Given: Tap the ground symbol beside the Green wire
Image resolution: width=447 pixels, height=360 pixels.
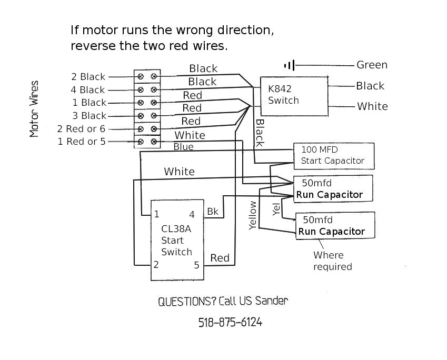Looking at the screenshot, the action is [290, 66].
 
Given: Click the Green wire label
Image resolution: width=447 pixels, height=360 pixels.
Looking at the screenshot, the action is [372, 65].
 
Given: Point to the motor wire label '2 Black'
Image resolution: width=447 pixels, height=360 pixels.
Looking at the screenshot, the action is [88, 77].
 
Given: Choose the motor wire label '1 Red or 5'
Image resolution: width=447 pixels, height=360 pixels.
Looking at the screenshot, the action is [82, 142].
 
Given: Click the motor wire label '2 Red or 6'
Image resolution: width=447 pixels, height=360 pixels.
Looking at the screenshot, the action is [81, 129].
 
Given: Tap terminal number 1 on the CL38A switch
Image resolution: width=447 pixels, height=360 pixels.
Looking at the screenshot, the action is [156, 214].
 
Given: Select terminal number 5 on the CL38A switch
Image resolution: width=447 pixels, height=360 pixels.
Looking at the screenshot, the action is [197, 265].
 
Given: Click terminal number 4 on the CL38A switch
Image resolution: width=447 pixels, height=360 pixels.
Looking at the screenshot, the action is [192, 215].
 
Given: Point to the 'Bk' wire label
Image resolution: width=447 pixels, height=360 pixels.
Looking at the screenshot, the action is [213, 212].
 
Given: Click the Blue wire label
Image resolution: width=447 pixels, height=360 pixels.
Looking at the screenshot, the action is [184, 147].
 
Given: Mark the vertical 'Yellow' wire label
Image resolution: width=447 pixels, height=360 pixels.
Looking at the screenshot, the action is [253, 215].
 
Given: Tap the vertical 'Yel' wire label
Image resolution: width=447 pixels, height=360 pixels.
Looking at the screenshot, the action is [276, 209].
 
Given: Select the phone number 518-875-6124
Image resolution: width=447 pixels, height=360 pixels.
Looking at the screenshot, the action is [230, 323].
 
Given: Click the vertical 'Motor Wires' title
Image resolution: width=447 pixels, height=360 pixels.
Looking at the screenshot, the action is [34, 109].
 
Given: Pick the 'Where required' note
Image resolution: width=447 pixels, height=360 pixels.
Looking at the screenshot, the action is [333, 261].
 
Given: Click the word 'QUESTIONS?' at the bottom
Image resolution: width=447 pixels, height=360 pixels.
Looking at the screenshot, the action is [187, 301].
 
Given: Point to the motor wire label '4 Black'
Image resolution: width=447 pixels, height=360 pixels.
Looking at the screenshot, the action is [88, 90].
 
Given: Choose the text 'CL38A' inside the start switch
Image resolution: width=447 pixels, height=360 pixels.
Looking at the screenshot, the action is [176, 229].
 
